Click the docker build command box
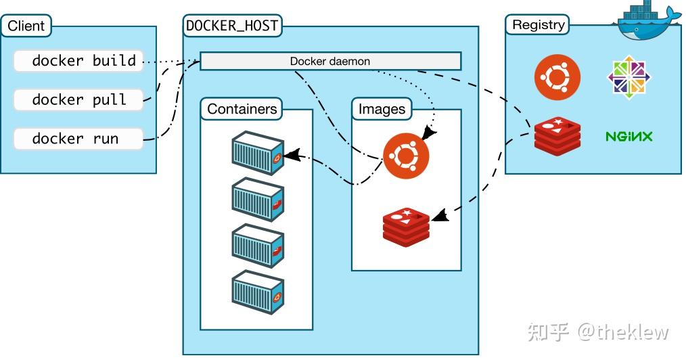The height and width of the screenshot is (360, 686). pos(78,61)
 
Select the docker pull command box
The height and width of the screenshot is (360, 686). pos(78,99)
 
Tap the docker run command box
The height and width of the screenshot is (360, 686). pos(78,139)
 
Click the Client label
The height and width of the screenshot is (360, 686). pos(26,26)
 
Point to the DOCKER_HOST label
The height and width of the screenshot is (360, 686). pos(233,26)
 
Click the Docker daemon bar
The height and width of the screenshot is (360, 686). pos(330,62)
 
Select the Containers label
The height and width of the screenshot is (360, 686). pos(242,109)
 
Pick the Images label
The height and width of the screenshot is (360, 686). pos(382,109)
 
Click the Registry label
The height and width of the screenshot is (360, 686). pos(538,25)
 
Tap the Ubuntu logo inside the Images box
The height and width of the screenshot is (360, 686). pos(406,156)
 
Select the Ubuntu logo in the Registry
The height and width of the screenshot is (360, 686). pos(557,77)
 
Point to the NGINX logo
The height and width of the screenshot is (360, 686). pos(628,137)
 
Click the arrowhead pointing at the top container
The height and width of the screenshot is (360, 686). pos(291,156)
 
